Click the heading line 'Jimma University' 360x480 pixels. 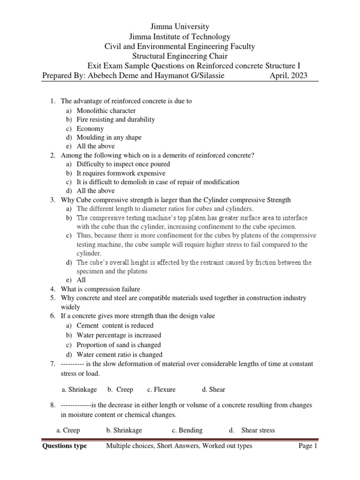[x=180, y=27]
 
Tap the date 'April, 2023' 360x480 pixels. [x=288, y=75]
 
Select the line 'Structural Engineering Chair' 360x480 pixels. [x=180, y=56]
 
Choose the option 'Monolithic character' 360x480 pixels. [x=106, y=111]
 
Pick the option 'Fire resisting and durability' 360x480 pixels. [x=115, y=120]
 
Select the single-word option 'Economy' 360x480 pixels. [x=90, y=128]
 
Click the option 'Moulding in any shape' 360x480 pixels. [x=109, y=137]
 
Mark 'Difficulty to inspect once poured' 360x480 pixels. [x=123, y=164]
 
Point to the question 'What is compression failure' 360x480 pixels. [x=100, y=289]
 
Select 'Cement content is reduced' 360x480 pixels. [x=115, y=325]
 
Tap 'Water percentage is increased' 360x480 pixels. [x=119, y=335]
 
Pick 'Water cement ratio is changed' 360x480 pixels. [x=120, y=355]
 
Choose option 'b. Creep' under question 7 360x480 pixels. [x=120, y=390]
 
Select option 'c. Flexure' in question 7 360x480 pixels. [x=161, y=390]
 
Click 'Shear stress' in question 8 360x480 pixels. [x=258, y=430]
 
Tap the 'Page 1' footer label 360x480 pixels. [x=308, y=446]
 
